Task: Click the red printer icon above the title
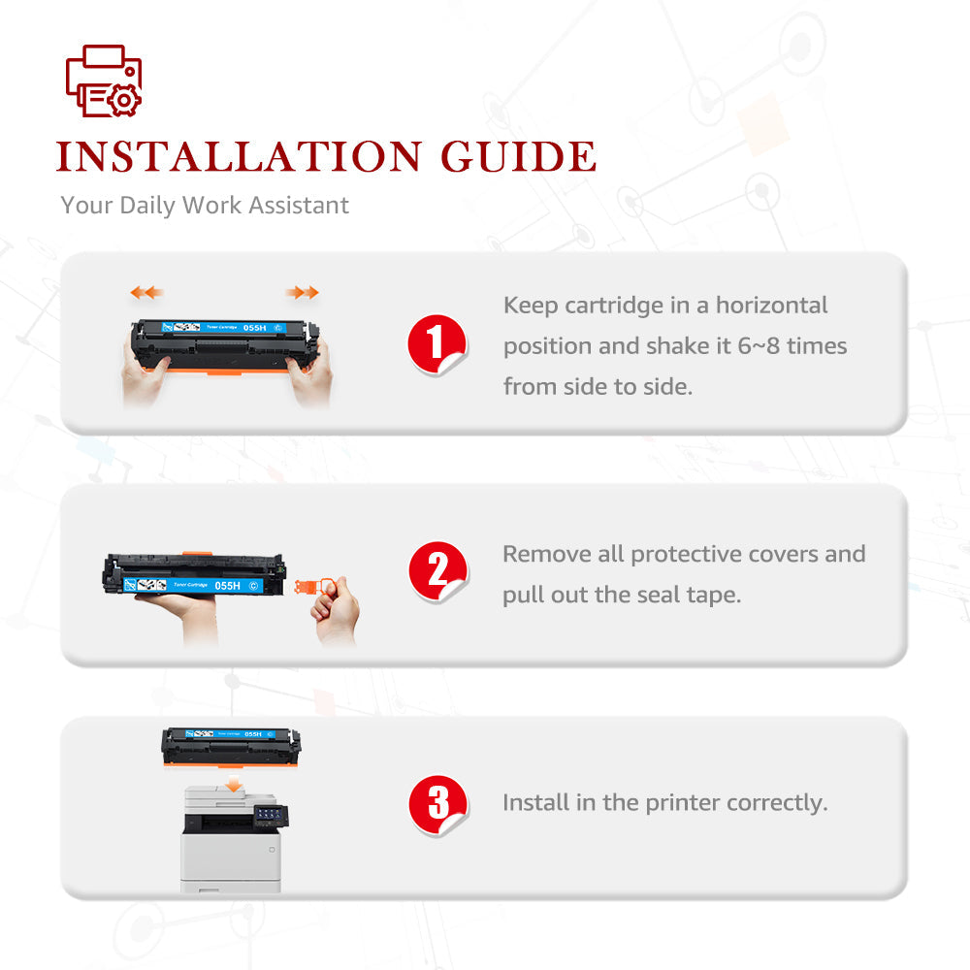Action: [x=104, y=81]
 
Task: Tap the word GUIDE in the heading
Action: [x=518, y=156]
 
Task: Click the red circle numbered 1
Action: [x=436, y=344]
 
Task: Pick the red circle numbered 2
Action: [x=438, y=571]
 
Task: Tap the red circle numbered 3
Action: [x=438, y=804]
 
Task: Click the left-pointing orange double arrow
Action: [x=146, y=292]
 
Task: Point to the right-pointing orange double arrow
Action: [x=303, y=292]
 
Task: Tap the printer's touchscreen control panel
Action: [x=271, y=816]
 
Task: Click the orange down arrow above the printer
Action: [x=233, y=784]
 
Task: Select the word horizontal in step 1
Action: [x=771, y=305]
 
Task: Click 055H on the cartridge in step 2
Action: [x=228, y=585]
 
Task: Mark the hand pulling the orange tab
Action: [x=335, y=610]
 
